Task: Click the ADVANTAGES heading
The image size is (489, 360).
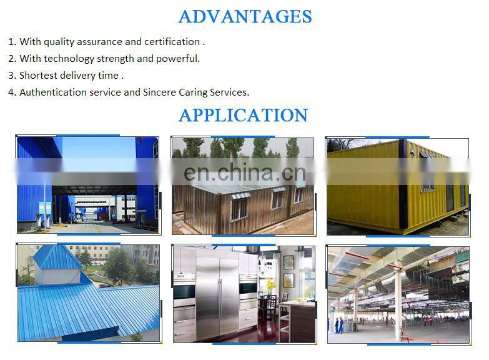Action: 245,16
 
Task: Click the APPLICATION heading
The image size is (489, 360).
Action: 243,116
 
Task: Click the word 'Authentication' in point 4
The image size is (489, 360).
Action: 52,92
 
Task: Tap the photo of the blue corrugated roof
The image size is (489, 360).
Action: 87,292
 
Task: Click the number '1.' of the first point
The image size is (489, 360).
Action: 12,42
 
